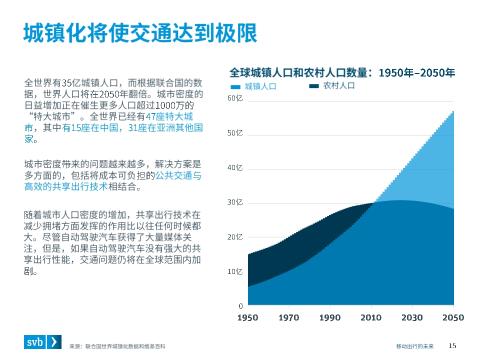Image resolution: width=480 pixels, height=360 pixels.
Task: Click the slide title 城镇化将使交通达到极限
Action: tap(140, 33)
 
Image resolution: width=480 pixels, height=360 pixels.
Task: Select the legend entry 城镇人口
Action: tap(260, 86)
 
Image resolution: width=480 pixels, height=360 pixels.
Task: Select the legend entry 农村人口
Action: tap(338, 85)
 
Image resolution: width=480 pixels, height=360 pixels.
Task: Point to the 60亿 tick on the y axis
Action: tap(235, 98)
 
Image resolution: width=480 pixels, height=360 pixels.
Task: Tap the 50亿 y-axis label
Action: tap(235, 133)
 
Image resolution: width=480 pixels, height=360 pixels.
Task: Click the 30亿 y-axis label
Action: tap(235, 202)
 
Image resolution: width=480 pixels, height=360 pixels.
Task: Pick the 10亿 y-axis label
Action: tap(235, 271)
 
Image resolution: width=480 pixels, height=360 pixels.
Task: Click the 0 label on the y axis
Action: tap(240, 305)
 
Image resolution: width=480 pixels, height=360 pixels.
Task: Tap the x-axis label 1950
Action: tap(247, 317)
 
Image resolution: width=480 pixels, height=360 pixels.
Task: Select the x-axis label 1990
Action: tap(330, 317)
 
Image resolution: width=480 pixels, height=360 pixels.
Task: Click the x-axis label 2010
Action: tap(371, 317)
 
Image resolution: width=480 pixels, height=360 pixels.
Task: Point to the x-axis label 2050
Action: tap(453, 317)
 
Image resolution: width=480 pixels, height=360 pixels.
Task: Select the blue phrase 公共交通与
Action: tap(178, 175)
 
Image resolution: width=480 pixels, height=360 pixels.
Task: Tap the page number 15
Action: tap(452, 345)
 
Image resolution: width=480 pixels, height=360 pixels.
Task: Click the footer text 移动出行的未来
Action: tap(415, 346)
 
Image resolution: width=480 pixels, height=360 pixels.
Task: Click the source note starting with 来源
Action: tap(117, 346)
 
